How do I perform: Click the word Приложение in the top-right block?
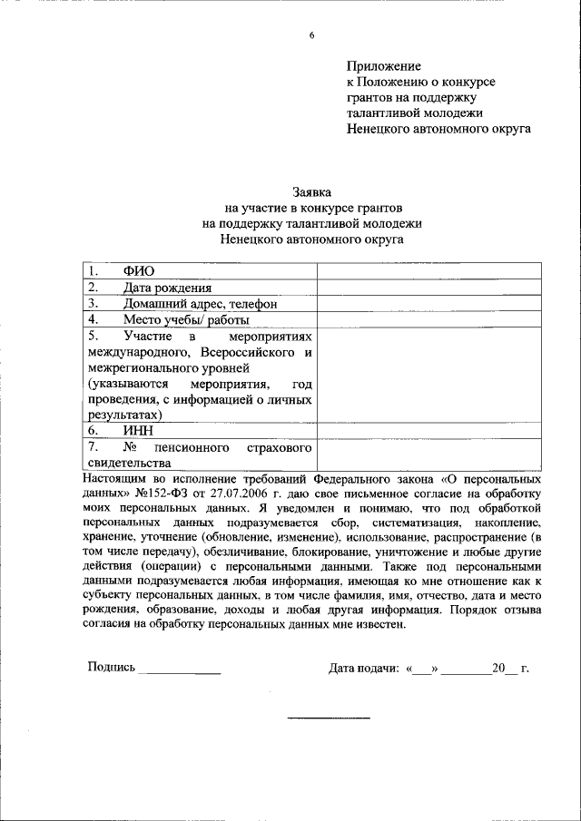384,65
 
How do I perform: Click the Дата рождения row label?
162,288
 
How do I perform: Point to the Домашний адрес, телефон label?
200,304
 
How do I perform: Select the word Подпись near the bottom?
111,668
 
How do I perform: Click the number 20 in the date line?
497,669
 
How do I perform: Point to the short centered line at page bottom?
329,718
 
